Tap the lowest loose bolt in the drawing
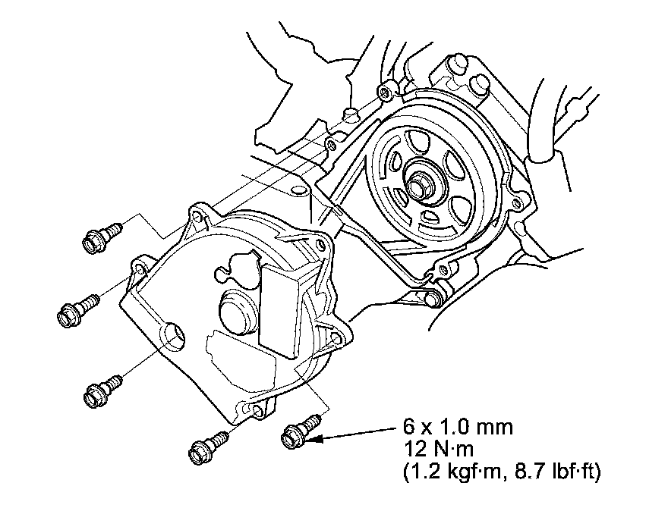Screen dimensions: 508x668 (203, 448)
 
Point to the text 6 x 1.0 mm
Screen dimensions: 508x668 (457, 427)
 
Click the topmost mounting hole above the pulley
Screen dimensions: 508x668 (387, 93)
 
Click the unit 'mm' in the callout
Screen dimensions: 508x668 (497, 427)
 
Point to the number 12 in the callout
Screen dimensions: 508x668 (414, 449)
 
